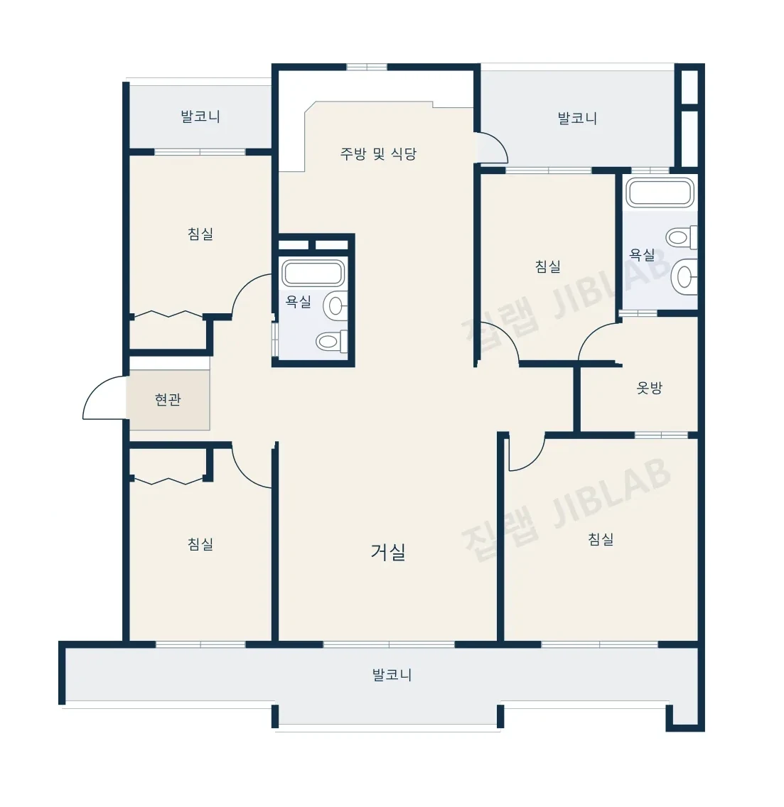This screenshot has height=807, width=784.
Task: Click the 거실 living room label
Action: coord(388,552)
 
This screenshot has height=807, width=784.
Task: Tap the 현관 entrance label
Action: coord(168,399)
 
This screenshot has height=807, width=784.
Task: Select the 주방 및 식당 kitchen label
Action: coord(378,153)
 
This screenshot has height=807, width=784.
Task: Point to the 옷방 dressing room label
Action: coord(649,388)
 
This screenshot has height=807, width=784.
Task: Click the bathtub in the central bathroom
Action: coord(313,272)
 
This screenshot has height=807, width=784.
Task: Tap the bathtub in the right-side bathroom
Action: coord(660,193)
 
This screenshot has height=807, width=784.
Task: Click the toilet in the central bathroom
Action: coord(332,341)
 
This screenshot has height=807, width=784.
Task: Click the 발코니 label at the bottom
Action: coord(392,675)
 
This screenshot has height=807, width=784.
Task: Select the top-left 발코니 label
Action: coord(200,117)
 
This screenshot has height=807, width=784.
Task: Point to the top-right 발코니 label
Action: coord(577,119)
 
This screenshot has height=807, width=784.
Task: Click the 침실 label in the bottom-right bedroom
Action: coord(601,539)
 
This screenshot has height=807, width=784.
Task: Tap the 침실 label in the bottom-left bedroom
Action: coord(200,544)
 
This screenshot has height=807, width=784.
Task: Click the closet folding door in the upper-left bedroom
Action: coord(168,314)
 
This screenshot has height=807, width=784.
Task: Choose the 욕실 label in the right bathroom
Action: coord(642,254)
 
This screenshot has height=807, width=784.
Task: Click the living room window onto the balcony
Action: coord(389,644)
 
